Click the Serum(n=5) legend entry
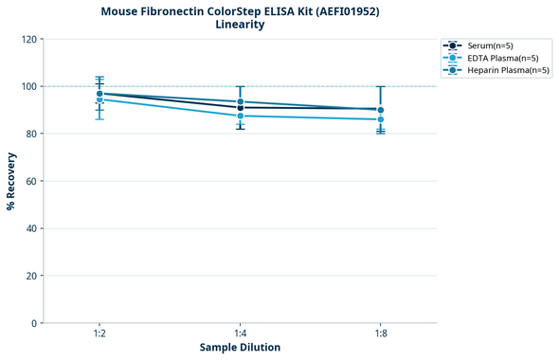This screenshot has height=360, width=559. click(490, 45)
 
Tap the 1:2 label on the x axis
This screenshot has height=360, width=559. click(99, 334)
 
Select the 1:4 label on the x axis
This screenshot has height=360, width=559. click(240, 334)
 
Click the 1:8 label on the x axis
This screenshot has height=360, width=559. click(380, 334)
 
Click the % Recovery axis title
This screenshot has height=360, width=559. click(11, 181)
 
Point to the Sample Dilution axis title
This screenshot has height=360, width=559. click(240, 348)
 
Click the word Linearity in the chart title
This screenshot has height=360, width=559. click(240, 25)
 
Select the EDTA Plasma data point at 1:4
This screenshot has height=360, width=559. click(240, 116)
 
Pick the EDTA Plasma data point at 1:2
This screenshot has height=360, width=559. click(99, 99)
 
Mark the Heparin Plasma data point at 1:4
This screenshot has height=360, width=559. click(240, 101)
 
